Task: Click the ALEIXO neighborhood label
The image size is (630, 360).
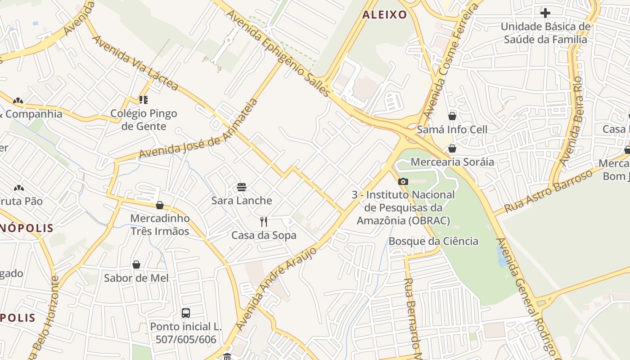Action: pyautogui.click(x=384, y=15)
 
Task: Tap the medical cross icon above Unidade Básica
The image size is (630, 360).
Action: pyautogui.click(x=545, y=13)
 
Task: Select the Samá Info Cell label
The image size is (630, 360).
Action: pyautogui.click(x=452, y=130)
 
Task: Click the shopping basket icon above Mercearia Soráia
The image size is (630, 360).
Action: pyautogui.click(x=452, y=148)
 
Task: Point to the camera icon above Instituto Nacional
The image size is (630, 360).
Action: pyautogui.click(x=403, y=182)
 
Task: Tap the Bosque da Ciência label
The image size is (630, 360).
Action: pyautogui.click(x=433, y=241)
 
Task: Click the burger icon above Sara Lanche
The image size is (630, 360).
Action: pyautogui.click(x=242, y=187)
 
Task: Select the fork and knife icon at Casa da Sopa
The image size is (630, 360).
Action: pyautogui.click(x=264, y=222)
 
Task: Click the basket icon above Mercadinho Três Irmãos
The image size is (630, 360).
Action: pyautogui.click(x=160, y=206)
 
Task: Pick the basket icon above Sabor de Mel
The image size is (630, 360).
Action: pyautogui.click(x=136, y=265)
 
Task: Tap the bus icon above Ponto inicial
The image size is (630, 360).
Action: pyautogui.click(x=186, y=313)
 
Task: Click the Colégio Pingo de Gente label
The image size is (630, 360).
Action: pyautogui.click(x=144, y=120)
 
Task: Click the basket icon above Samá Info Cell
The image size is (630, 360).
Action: pyautogui.click(x=452, y=116)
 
